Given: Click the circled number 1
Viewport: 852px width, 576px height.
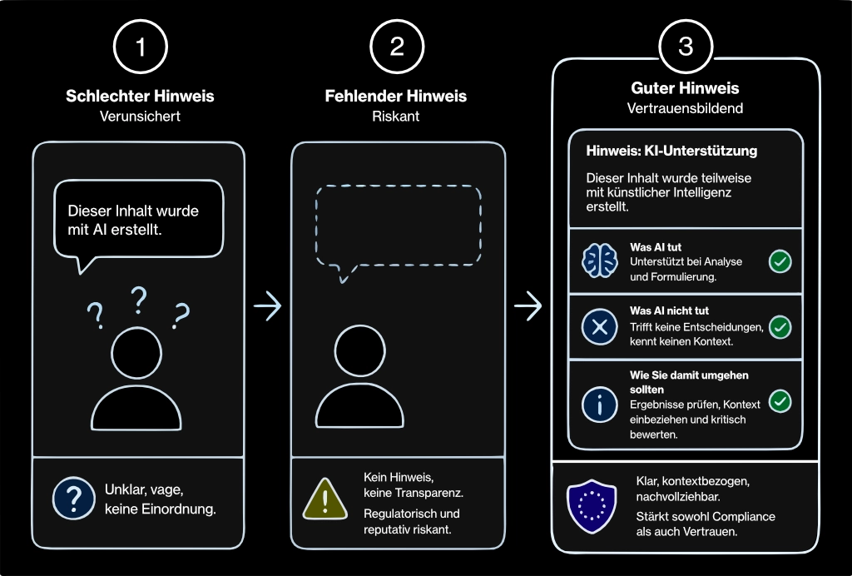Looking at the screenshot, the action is [x=140, y=47].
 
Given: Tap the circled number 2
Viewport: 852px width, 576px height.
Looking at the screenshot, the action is [x=397, y=47].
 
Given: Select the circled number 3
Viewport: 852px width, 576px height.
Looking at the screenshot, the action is [x=686, y=47].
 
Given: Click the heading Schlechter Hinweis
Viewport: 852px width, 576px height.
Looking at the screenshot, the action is [x=140, y=97].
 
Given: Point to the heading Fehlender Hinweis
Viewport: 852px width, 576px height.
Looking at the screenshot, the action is [x=395, y=97].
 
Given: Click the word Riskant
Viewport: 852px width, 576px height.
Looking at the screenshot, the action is [x=395, y=117].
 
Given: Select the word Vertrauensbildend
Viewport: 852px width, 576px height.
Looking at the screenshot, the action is [x=685, y=108].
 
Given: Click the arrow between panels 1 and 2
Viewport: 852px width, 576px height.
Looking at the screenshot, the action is [x=267, y=305].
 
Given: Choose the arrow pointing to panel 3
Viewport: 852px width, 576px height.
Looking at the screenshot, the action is [x=528, y=305].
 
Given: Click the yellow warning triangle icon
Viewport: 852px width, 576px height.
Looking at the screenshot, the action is [x=325, y=499].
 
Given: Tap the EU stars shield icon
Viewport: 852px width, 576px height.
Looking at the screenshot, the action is [x=592, y=506].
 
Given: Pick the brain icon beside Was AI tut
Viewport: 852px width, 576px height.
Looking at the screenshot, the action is [x=599, y=261].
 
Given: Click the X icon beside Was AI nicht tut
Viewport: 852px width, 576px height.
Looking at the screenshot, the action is [x=599, y=327].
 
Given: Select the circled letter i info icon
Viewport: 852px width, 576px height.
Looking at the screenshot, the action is [x=599, y=405].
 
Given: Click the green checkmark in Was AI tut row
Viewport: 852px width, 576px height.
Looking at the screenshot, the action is [x=780, y=261].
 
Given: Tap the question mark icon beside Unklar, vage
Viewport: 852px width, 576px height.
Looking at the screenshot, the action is [x=74, y=498].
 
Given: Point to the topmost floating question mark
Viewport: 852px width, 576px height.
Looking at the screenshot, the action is [x=139, y=300].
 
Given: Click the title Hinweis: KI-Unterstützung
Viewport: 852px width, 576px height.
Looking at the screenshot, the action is [x=671, y=151].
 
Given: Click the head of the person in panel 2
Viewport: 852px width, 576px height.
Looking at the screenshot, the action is [x=359, y=351].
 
